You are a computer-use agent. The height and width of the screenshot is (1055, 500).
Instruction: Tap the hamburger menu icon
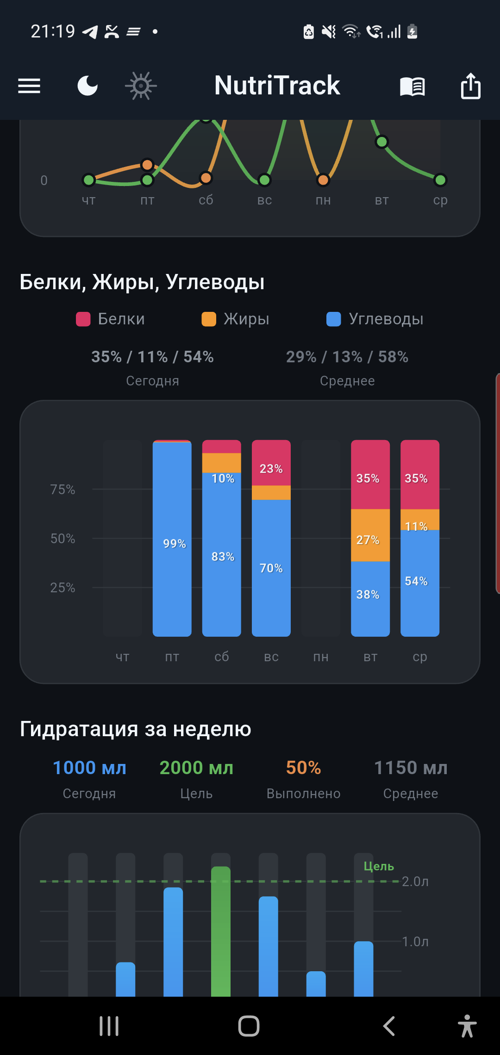point(29,86)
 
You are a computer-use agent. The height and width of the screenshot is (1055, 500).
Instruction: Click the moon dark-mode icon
point(87,86)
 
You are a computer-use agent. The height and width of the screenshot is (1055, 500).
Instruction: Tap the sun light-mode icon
point(141,86)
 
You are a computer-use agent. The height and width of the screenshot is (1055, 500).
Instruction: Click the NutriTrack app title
point(277,86)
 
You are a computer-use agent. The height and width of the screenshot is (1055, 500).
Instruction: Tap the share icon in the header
point(470,86)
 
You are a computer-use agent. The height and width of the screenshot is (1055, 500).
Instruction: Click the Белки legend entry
point(111,319)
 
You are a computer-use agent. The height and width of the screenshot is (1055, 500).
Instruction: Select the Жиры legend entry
point(236,319)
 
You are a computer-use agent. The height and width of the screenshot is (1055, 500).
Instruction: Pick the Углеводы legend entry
point(375,319)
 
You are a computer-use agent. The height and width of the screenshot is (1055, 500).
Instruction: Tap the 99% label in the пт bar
point(175,544)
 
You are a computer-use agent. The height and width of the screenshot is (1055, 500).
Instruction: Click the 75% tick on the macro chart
point(62,490)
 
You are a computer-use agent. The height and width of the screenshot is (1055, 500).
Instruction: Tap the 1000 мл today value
point(89,768)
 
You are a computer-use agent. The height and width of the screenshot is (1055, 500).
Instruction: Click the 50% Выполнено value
point(303,768)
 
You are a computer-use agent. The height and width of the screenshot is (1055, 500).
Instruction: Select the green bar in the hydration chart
point(221,930)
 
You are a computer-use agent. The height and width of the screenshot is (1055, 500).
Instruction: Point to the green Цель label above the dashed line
point(379,866)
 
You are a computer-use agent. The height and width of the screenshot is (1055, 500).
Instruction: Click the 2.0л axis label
point(415,881)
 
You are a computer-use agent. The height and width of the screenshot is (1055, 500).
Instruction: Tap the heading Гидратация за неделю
point(136,729)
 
